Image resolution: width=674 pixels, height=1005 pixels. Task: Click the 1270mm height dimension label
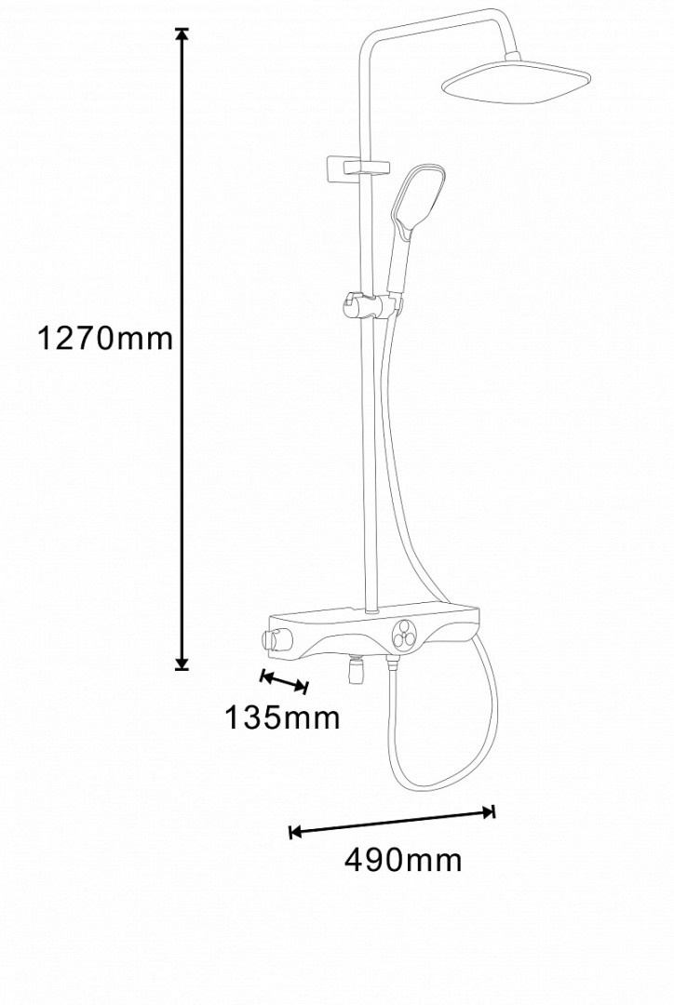coord(105,338)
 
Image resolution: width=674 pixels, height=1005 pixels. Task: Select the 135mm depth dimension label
coord(281,717)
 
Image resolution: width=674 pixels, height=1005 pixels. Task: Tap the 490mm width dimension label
coord(403,860)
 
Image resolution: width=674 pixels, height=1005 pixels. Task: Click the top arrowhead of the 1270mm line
coord(182,35)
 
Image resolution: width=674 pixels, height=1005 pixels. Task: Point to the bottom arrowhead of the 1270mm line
coord(182,663)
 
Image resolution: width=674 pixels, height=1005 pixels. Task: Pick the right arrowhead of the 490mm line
coord(489,812)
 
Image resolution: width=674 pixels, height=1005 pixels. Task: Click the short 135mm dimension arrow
coord(284,681)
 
